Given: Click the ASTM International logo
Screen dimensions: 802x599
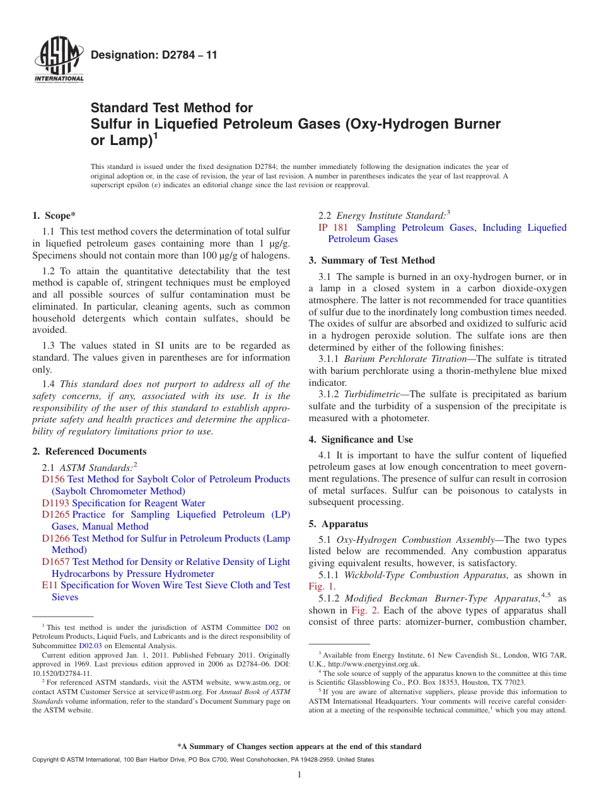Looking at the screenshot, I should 58,60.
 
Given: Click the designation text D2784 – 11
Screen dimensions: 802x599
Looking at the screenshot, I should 154,55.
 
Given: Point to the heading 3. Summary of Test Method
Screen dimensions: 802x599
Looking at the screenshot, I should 371,260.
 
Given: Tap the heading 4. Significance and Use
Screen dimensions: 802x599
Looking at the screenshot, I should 361,439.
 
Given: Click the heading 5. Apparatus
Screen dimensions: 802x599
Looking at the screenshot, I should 338,524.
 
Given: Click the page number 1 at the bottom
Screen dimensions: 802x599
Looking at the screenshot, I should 299,775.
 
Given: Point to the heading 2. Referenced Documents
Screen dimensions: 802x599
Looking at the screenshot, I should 90,451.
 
